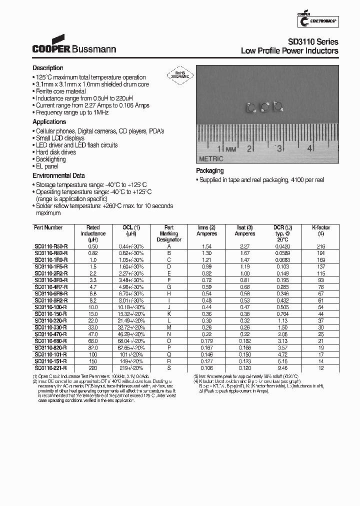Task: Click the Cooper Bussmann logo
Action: click(74, 45)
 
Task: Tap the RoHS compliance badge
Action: click(179, 74)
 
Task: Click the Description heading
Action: click(48, 68)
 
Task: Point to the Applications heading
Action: click(49, 122)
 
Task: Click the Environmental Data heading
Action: click(58, 176)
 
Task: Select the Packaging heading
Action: click(209, 171)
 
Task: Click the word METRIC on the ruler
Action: click(211, 158)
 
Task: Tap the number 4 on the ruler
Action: click(310, 148)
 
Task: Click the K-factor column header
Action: click(321, 227)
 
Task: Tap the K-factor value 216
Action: click(321, 246)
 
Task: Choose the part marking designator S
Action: click(169, 367)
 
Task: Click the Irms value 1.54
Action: click(206, 246)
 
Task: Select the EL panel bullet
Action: click(47, 166)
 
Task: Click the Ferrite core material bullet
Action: click(60, 91)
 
